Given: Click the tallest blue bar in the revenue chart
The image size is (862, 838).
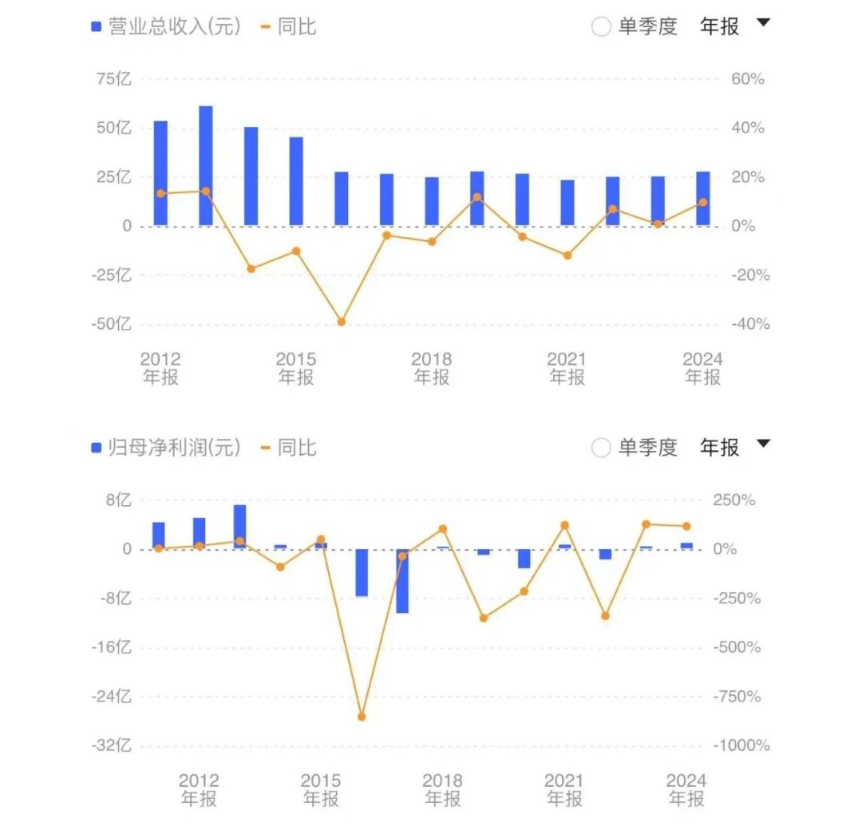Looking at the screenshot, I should [206, 165].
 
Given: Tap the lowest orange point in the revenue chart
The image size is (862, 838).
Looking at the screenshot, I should [342, 322].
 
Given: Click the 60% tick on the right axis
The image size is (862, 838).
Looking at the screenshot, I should [748, 79].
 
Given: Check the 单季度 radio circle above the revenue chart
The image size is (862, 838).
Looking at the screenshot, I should [601, 26].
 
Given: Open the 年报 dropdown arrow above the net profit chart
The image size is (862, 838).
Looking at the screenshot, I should [763, 444].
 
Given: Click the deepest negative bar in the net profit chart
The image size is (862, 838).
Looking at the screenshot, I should [402, 581].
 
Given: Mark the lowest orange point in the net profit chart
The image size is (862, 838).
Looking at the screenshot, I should [362, 717].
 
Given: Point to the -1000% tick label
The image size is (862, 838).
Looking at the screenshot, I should [741, 745].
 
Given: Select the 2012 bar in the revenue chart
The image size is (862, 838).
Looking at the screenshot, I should [160, 173].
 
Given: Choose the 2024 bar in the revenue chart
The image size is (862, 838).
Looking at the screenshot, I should [702, 199].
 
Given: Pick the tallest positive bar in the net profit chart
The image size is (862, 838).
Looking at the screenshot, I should [239, 527].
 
